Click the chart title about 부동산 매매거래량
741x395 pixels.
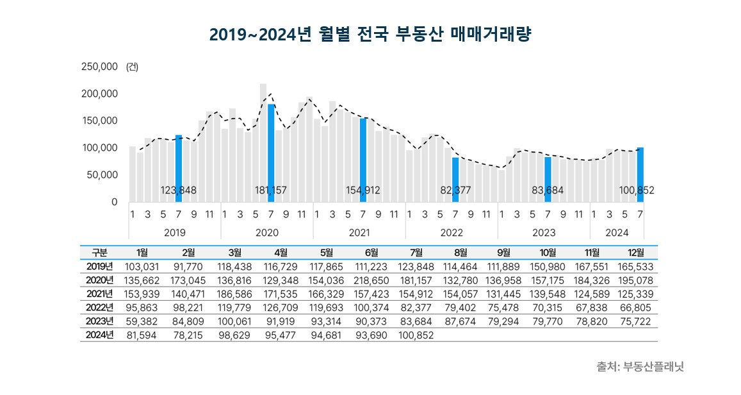(371, 34)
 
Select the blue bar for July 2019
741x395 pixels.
(179, 168)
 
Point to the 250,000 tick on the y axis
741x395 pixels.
(99, 67)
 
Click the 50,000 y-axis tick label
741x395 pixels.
(102, 174)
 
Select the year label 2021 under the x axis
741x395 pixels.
(359, 233)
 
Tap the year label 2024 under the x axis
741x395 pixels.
(617, 233)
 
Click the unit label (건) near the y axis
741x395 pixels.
(133, 67)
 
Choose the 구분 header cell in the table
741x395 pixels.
(99, 253)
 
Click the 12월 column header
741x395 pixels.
(635, 253)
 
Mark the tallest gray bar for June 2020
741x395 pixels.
(263, 142)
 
